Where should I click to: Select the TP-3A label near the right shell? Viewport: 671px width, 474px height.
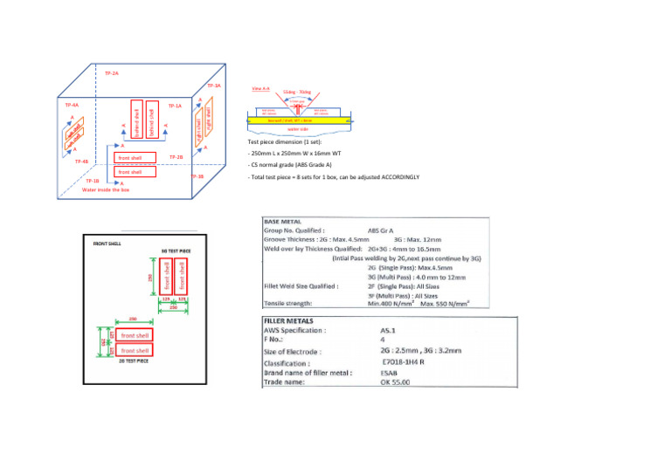(214, 86)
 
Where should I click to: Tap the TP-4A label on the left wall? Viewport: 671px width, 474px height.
(69, 106)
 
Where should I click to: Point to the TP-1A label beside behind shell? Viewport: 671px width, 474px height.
(175, 106)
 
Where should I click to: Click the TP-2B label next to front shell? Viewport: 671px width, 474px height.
(175, 157)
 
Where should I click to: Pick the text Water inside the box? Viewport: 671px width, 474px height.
(106, 189)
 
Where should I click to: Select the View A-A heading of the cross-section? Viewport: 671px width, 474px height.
(260, 89)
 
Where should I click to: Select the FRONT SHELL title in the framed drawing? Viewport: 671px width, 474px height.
(108, 244)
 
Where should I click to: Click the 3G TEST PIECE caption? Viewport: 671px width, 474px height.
(176, 250)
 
